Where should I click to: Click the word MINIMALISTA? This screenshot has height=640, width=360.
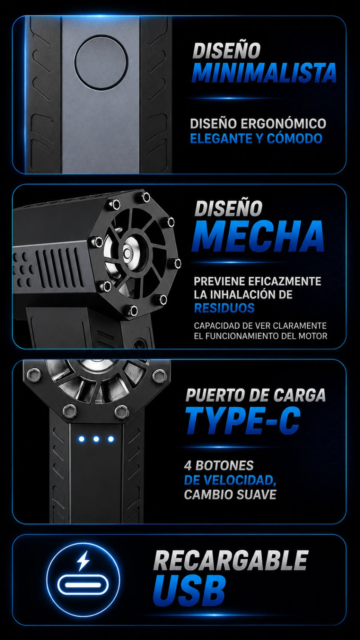pyautogui.click(x=264, y=73)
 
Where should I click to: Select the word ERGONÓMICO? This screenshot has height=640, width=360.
pyautogui.click(x=283, y=124)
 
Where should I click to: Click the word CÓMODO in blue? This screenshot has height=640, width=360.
pyautogui.click(x=294, y=138)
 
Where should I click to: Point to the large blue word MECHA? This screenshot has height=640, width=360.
pyautogui.click(x=258, y=236)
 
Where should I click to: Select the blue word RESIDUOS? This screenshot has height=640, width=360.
pyautogui.click(x=224, y=308)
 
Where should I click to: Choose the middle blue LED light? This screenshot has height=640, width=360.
pyautogui.click(x=96, y=439)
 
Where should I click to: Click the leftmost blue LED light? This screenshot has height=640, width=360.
pyautogui.click(x=82, y=439)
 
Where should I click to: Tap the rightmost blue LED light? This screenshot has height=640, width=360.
pyautogui.click(x=111, y=439)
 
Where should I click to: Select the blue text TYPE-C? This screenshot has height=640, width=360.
pyautogui.click(x=243, y=420)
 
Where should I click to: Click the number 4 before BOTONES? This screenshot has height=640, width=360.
pyautogui.click(x=188, y=466)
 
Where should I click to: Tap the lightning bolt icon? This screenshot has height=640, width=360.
pyautogui.click(x=83, y=561)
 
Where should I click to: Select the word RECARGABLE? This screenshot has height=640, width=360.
pyautogui.click(x=230, y=560)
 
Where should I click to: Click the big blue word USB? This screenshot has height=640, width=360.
pyautogui.click(x=189, y=590)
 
